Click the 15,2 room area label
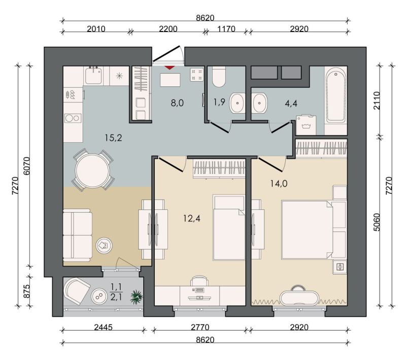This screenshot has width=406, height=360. (x=113, y=138)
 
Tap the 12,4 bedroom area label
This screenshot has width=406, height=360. (x=192, y=218)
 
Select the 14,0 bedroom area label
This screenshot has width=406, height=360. (x=279, y=184)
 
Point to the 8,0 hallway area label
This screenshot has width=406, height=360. (x=177, y=103)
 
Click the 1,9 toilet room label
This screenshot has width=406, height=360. (x=219, y=102)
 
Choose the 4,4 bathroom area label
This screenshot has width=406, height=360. (x=291, y=104)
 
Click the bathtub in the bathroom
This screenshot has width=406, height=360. (x=336, y=95)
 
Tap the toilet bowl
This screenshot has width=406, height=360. (x=219, y=77)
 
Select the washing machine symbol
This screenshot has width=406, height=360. (x=306, y=125)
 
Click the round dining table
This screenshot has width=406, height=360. (x=92, y=171)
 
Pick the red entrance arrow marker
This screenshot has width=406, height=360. (x=170, y=68)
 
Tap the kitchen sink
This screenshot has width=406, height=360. (x=93, y=75)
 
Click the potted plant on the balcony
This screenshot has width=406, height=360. (x=137, y=297)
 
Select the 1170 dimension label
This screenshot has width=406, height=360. (x=226, y=29)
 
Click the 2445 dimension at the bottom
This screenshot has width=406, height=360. (x=104, y=328)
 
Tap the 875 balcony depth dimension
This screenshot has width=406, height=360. (x=27, y=291)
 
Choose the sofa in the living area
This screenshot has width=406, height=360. (x=78, y=236)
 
